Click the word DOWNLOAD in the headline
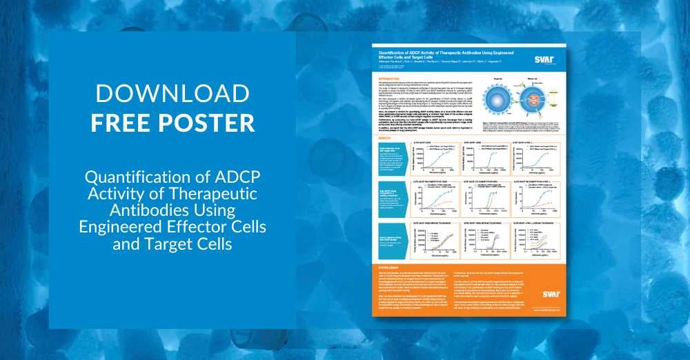[172, 94]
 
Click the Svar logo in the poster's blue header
[544, 60]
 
